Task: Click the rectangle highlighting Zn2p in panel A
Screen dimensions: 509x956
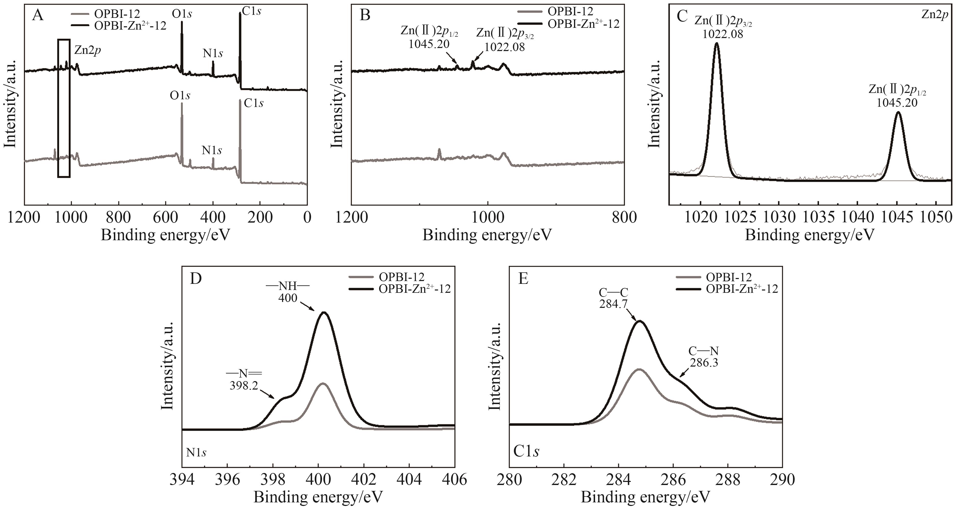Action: pyautogui.click(x=64, y=108)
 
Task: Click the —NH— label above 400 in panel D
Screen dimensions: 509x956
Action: pyautogui.click(x=288, y=286)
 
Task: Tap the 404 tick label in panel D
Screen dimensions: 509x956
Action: pyautogui.click(x=409, y=480)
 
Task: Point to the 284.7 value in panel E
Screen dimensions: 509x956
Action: pyautogui.click(x=613, y=304)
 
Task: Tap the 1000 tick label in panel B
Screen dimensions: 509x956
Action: pyautogui.click(x=488, y=218)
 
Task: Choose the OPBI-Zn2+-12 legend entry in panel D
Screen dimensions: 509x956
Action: pyautogui.click(x=414, y=289)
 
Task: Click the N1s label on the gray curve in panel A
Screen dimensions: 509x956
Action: pyautogui.click(x=212, y=150)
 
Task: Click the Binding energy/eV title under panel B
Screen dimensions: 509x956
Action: pyautogui.click(x=487, y=235)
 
